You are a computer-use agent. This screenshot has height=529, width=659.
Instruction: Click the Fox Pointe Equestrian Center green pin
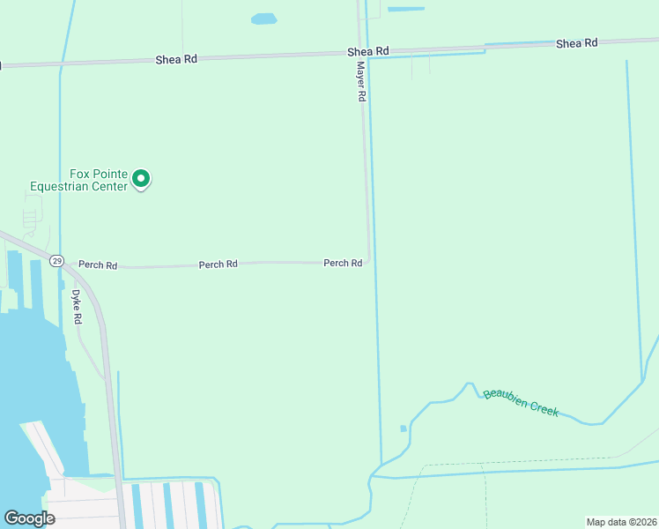point(141,179)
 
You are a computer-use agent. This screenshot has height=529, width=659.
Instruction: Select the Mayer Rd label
point(361,81)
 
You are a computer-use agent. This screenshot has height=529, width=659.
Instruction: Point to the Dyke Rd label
point(77,306)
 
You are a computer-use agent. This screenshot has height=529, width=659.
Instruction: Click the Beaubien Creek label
point(521,403)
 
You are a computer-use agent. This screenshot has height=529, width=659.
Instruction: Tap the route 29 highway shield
point(56,261)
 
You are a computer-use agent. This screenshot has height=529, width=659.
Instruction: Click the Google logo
point(29,518)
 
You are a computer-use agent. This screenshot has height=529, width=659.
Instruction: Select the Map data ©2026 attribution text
point(621,522)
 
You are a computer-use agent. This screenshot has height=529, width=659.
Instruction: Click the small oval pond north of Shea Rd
point(263,19)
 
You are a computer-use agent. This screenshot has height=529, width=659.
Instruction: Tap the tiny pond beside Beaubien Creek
point(404,428)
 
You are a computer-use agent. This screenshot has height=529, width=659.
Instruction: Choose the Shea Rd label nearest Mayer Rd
point(368,52)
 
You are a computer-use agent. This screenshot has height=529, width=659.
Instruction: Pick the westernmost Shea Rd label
point(176,59)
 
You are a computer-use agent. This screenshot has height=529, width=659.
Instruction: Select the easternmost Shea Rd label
point(577,42)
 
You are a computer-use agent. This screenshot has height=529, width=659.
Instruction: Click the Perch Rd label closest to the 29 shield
point(98,264)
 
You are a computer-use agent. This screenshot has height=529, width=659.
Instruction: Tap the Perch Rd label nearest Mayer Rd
point(343,263)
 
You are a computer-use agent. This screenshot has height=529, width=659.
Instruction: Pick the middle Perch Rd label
point(218,264)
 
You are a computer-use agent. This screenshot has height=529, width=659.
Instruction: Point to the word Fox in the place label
point(81,174)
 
